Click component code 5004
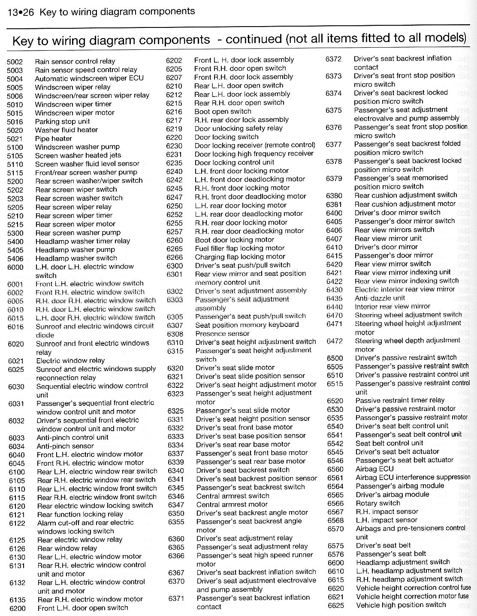tap(15, 79)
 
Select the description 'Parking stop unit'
tap(62, 121)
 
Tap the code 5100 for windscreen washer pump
tap(15, 147)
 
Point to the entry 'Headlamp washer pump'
tap(75, 250)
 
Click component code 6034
tap(16, 447)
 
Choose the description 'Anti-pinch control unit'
tap(72, 438)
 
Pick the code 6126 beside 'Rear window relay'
tap(17, 549)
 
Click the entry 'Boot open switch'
tap(223, 111)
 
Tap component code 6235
tap(174, 163)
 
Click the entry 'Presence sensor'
tap(222, 334)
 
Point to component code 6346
tap(176, 496)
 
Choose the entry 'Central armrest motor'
tap(232, 504)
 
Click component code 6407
tap(334, 239)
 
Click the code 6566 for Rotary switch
tap(335, 503)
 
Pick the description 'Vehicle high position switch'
tap(401, 605)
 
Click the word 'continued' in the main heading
tap(254, 39)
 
